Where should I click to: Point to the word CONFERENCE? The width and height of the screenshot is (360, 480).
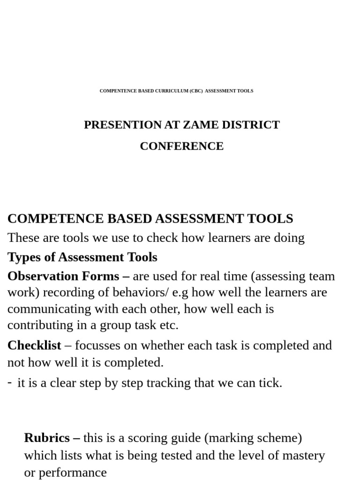click(x=181, y=146)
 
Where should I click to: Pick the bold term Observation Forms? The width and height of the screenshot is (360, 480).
click(x=63, y=276)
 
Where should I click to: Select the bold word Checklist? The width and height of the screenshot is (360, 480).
click(x=34, y=345)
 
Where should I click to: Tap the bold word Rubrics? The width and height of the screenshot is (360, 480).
click(x=47, y=438)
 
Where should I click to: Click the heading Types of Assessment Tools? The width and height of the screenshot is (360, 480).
click(x=82, y=257)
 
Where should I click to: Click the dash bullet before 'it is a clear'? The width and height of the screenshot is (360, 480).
click(x=10, y=382)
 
